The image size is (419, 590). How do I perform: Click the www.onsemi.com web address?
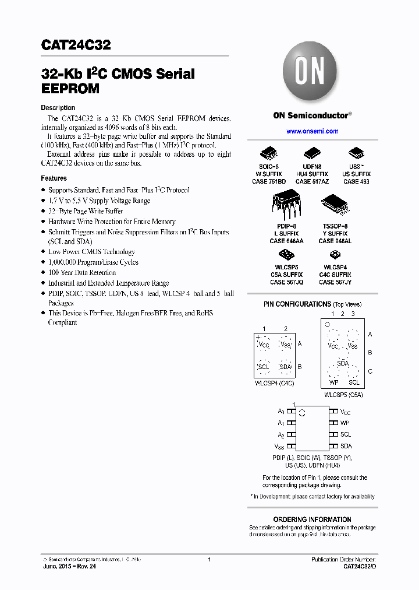312,131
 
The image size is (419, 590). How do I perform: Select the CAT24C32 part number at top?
76,45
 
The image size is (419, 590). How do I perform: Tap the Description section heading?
58,108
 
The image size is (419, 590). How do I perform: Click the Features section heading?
54,178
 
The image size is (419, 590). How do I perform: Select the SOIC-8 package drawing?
268,154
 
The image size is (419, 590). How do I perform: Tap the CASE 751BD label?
268,181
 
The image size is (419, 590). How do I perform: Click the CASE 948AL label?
335,241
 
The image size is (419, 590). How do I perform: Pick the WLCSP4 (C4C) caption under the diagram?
275,383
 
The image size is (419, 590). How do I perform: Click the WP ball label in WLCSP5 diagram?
333,382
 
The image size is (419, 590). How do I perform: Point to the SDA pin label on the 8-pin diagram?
346,446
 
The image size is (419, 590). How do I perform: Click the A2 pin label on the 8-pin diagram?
280,435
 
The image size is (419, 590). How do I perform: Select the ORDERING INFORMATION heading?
312,519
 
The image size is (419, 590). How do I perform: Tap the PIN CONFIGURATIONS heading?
297,304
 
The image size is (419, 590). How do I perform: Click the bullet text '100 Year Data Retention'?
82,273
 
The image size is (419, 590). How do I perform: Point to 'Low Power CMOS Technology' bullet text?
91,252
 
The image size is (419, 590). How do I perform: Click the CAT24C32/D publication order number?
359,567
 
